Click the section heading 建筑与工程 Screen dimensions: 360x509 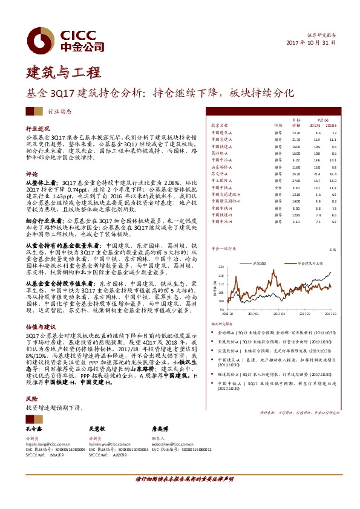point(59,74)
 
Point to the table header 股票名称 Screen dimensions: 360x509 point(220,125)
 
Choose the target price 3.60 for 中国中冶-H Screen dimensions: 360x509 point(295,222)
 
